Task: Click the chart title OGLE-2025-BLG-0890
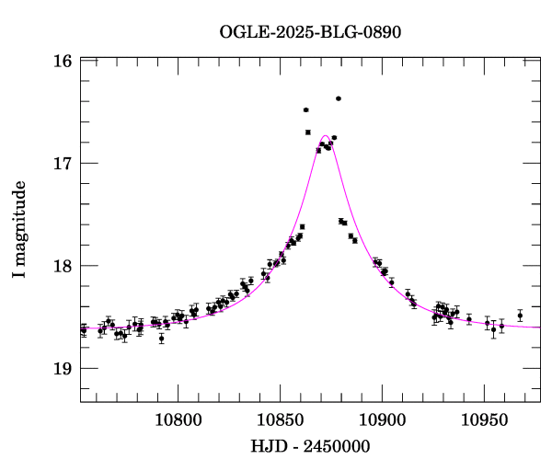pyautogui.click(x=310, y=31)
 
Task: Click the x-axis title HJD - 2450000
pyautogui.click(x=310, y=446)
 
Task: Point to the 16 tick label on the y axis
pyautogui.click(x=63, y=62)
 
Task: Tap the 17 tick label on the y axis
pyautogui.click(x=63, y=164)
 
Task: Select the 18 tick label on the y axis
pyautogui.click(x=63, y=266)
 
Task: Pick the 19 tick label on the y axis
pyautogui.click(x=63, y=368)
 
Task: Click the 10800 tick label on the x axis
pyautogui.click(x=176, y=420)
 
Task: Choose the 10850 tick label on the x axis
pyautogui.click(x=279, y=420)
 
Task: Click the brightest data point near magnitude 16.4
pyautogui.click(x=339, y=98)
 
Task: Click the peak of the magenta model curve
pyautogui.click(x=326, y=136)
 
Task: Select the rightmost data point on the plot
pyautogui.click(x=520, y=316)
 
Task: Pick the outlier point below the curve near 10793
pyautogui.click(x=161, y=339)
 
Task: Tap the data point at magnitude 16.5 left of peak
pyautogui.click(x=305, y=110)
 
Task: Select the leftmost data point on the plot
pyautogui.click(x=84, y=329)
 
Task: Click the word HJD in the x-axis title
pyautogui.click(x=267, y=446)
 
